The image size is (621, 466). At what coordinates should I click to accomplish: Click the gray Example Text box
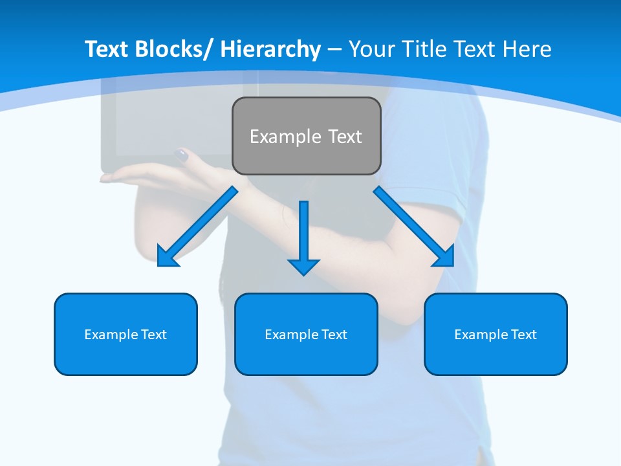pos(306,136)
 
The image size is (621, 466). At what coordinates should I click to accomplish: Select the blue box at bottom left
pos(125,334)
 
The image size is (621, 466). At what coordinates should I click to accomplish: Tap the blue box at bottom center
pos(306,334)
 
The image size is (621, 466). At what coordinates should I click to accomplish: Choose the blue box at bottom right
pos(496,334)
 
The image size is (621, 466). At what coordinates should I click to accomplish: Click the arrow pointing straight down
pos(303,236)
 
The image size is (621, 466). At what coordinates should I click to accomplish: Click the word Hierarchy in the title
pos(270,49)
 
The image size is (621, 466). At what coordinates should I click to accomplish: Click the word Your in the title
pos(372,49)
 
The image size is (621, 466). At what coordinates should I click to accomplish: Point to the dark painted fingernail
pos(181,155)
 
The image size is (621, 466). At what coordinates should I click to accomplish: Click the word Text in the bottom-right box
pos(523,334)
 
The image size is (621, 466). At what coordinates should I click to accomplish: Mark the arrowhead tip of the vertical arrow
pos(303,274)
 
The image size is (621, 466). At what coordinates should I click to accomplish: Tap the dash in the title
pos(334,49)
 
